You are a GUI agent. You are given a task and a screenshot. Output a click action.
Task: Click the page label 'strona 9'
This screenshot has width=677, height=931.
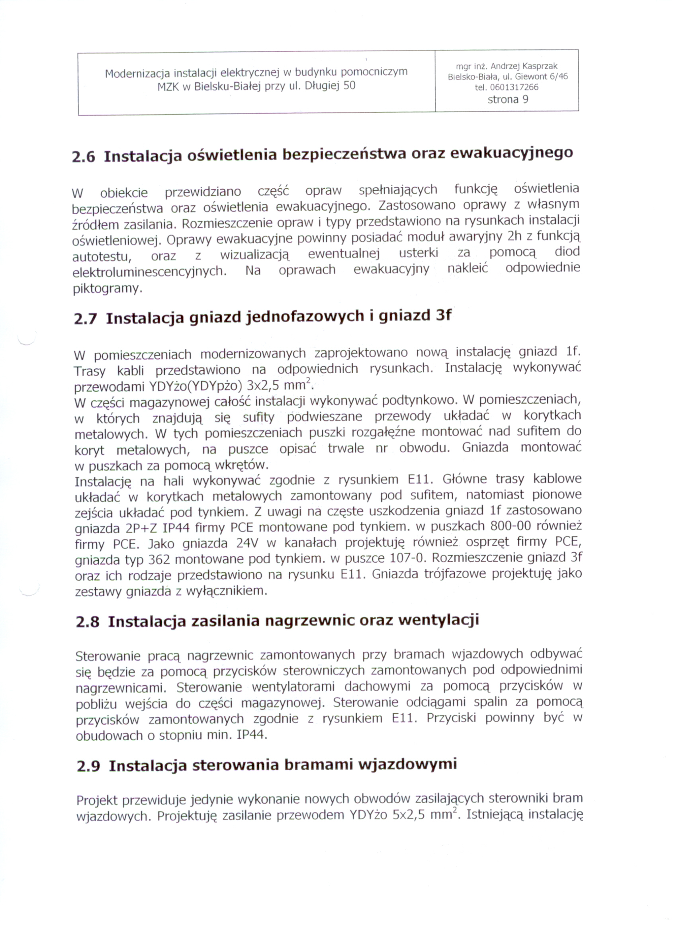(507, 99)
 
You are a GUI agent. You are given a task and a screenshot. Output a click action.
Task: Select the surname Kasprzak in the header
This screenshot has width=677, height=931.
(540, 66)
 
